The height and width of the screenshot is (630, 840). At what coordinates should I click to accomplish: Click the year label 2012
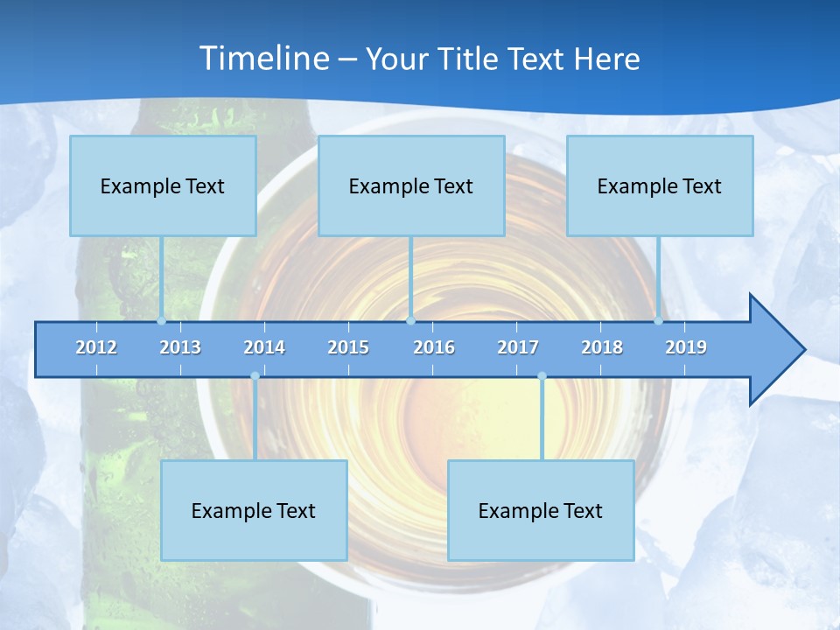point(96,347)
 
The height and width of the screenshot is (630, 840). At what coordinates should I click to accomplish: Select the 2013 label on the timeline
point(180,347)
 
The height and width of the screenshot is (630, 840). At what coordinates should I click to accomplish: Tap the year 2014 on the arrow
point(264,347)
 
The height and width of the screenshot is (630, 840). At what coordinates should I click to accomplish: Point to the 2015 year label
point(348,347)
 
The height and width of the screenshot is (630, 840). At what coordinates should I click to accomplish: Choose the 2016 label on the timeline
point(434,347)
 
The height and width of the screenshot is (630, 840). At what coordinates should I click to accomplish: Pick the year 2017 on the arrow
point(518,347)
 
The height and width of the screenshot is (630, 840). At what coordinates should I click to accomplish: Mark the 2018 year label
point(602,347)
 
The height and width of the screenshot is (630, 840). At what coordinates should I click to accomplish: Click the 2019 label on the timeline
point(686,347)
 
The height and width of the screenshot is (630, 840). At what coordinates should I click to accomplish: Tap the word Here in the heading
point(607,59)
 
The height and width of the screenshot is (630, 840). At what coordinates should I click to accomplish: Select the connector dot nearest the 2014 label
point(255,376)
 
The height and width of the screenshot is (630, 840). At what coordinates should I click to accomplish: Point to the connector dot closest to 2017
point(542,376)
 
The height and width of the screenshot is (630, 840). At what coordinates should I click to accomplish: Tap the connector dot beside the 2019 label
point(658,320)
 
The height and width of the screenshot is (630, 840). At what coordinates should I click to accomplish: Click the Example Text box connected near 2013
point(163,185)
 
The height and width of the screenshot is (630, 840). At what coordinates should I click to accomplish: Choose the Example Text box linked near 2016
point(411,185)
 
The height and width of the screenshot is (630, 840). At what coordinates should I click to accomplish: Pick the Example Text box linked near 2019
point(660,185)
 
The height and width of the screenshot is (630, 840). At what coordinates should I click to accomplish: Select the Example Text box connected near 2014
point(254,510)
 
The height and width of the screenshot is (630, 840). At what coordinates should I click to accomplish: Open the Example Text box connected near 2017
point(541,510)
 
